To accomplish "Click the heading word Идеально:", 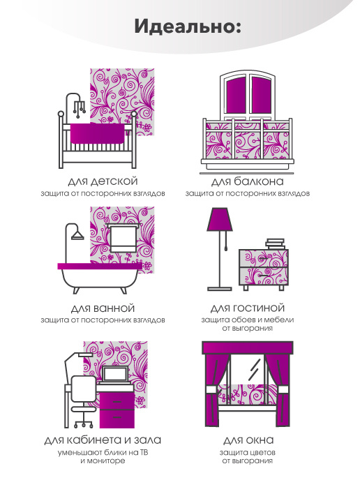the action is pyautogui.click(x=188, y=27).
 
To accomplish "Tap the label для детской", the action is pyautogui.click(x=103, y=181).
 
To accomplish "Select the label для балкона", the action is pyautogui.click(x=248, y=181).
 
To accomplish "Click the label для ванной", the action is pyautogui.click(x=103, y=308).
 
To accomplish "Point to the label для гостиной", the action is pyautogui.click(x=248, y=308).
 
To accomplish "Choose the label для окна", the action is pyautogui.click(x=248, y=440).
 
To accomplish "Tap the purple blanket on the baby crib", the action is pyautogui.click(x=97, y=133).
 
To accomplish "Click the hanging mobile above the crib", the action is pyautogui.click(x=79, y=107).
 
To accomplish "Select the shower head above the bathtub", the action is pyautogui.click(x=77, y=235).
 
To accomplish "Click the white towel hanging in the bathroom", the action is pyautogui.click(x=123, y=237).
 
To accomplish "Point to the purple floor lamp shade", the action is pyautogui.click(x=220, y=220).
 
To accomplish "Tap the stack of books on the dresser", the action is pyautogui.click(x=275, y=244).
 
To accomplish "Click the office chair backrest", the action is pyautogui.click(x=84, y=389).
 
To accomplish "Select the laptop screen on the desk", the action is pyautogui.click(x=115, y=374).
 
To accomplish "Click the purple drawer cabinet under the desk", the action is pyautogui.click(x=117, y=410).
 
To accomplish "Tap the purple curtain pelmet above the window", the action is pyautogui.click(x=248, y=347).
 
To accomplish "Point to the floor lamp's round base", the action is pyautogui.click(x=220, y=288).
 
